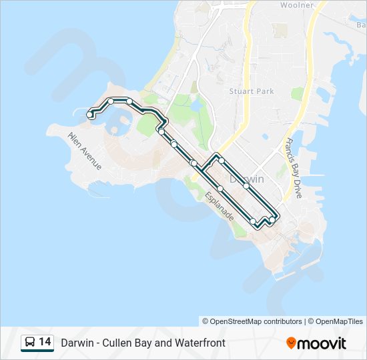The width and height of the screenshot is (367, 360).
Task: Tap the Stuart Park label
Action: (251, 91)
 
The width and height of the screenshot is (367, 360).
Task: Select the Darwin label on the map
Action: (247, 179)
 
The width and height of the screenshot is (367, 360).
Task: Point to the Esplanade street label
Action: (220, 207)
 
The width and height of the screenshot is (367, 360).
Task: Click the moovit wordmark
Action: (322, 343)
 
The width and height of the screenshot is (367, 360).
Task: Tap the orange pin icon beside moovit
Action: (292, 343)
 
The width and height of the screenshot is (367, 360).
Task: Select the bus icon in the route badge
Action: (30, 342)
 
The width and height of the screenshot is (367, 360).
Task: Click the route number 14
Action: (45, 342)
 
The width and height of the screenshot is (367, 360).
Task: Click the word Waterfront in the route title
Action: (201, 343)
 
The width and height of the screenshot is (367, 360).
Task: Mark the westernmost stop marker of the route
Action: (90, 115)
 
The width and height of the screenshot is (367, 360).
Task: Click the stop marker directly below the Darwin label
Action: (246, 187)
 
